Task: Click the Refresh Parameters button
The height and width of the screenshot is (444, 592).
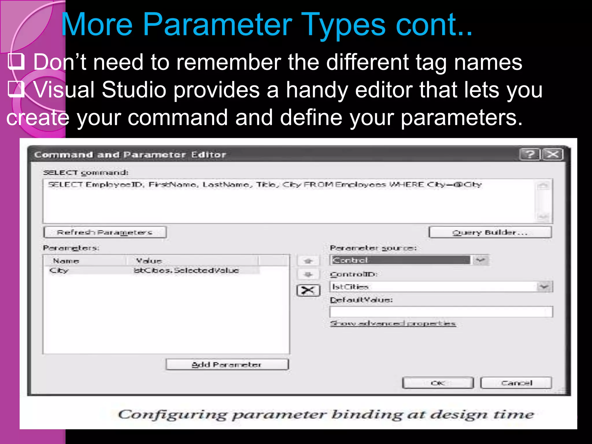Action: pos(105,232)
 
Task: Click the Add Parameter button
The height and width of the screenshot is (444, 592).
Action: pos(227,365)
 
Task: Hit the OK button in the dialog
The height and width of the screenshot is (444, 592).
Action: pos(438,383)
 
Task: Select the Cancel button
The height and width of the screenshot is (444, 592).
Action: pos(516,383)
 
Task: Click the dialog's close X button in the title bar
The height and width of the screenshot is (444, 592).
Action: pos(552,154)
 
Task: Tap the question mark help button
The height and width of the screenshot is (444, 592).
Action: pos(530,154)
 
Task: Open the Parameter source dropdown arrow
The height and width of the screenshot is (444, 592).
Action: pos(480,260)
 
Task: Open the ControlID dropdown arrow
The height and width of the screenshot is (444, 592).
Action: pos(544,287)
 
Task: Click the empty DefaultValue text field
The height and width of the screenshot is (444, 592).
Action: pos(441,312)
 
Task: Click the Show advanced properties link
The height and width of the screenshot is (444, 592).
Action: pos(393,323)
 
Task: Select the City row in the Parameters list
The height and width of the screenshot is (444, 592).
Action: pos(59,271)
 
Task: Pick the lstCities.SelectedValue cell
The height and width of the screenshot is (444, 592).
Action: pos(186,271)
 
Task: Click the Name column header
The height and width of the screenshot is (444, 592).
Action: pos(66,261)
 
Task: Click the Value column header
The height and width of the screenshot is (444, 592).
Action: pos(149,261)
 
